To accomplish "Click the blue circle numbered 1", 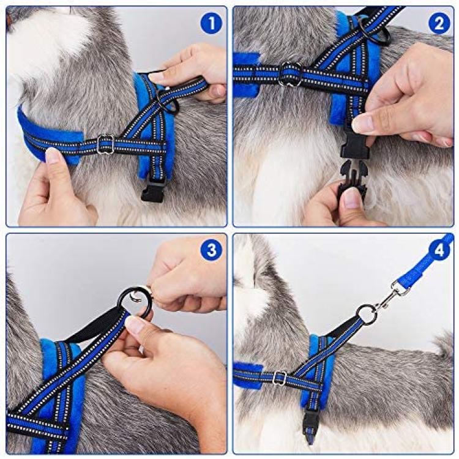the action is (x=212, y=23).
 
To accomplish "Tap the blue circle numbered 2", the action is (x=439, y=23).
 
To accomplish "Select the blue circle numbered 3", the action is (x=212, y=250).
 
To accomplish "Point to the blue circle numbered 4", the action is (x=439, y=250).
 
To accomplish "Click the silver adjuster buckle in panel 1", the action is (x=105, y=144).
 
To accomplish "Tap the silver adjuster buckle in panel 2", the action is (x=289, y=74).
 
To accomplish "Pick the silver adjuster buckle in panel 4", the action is (x=280, y=378).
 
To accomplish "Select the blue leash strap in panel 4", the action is (x=428, y=267).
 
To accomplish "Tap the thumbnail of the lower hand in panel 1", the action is (x=53, y=155).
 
